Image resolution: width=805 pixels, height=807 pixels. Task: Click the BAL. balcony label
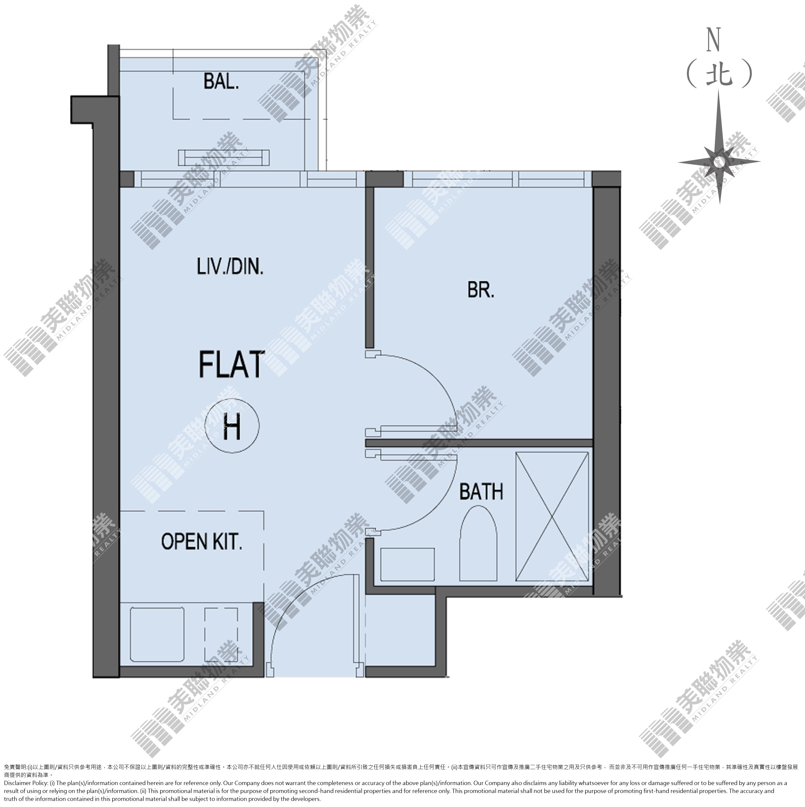click(x=221, y=82)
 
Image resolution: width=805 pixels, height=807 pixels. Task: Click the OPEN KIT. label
click(x=201, y=542)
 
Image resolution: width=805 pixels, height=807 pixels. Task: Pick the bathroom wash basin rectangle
click(x=407, y=564)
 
